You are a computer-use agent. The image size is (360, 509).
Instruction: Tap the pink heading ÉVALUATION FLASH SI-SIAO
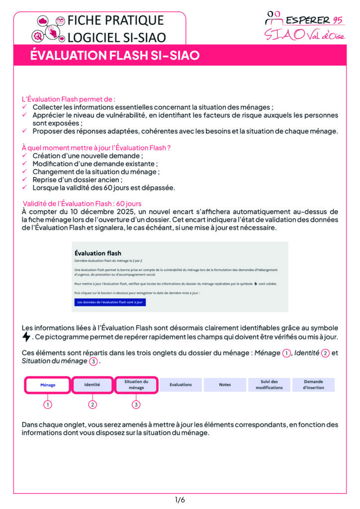[x=115, y=56]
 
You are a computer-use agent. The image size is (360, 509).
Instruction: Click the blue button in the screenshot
[x=110, y=302]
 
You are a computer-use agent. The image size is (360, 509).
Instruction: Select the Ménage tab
[x=48, y=385]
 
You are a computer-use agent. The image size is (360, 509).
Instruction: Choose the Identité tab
[x=92, y=385]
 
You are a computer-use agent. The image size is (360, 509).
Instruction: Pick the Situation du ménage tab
[x=136, y=385]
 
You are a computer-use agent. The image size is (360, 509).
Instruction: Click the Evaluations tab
[x=180, y=385]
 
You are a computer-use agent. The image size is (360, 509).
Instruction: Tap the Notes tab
[x=225, y=385]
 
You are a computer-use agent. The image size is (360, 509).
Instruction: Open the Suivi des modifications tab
[x=269, y=385]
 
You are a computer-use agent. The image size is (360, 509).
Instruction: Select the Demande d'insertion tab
[x=313, y=385]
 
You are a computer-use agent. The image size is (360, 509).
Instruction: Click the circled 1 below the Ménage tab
[x=48, y=404]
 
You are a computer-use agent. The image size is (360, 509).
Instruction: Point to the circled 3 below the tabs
[x=136, y=404]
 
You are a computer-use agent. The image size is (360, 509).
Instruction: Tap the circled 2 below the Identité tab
[x=92, y=404]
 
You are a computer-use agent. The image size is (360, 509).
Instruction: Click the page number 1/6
[x=180, y=500]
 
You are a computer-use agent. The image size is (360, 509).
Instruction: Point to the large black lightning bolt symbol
[x=27, y=337]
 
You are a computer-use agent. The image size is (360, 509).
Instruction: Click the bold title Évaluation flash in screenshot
[x=97, y=253]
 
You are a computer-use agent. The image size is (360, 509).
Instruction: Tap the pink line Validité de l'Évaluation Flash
[x=82, y=203]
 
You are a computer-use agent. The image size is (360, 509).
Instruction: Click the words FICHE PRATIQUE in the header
[x=115, y=21]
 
